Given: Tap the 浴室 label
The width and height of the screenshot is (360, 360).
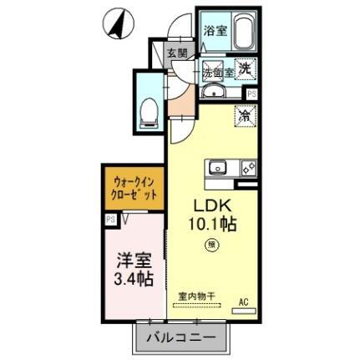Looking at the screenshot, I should tap(215, 31).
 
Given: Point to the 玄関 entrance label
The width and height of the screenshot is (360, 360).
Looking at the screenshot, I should tap(175, 53).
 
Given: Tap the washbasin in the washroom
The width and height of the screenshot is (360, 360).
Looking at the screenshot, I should tap(216, 91).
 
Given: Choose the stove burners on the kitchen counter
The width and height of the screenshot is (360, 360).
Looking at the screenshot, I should tap(247, 165).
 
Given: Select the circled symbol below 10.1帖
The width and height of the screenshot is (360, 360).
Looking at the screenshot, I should tap(213, 246).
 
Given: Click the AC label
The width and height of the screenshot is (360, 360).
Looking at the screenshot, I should tap(244, 301).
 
